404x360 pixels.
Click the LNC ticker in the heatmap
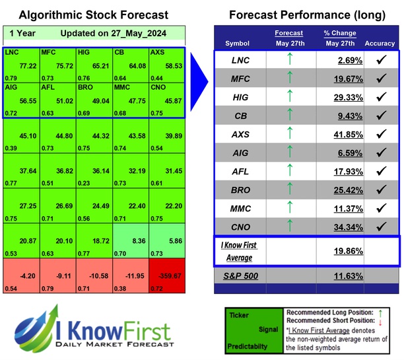[13, 52]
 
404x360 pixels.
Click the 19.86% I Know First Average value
[339, 251]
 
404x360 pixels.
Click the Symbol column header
[238, 44]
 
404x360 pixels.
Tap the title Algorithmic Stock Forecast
[93, 15]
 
